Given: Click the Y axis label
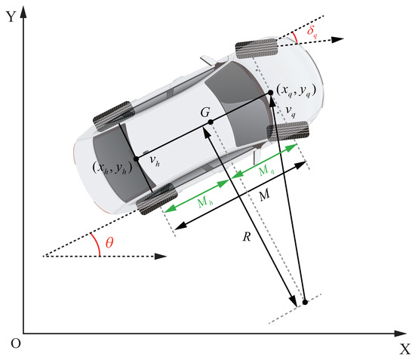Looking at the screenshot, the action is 11,17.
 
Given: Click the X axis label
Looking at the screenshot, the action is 404,349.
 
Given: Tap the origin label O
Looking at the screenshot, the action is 16,343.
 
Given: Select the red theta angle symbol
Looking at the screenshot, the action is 109,242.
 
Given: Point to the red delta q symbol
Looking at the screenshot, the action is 312,32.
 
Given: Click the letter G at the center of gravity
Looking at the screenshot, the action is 205,112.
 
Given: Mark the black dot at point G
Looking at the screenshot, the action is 211,122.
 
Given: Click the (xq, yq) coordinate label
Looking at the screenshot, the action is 297,91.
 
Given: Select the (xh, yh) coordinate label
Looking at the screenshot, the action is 112,168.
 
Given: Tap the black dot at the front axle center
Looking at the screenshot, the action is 270,92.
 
